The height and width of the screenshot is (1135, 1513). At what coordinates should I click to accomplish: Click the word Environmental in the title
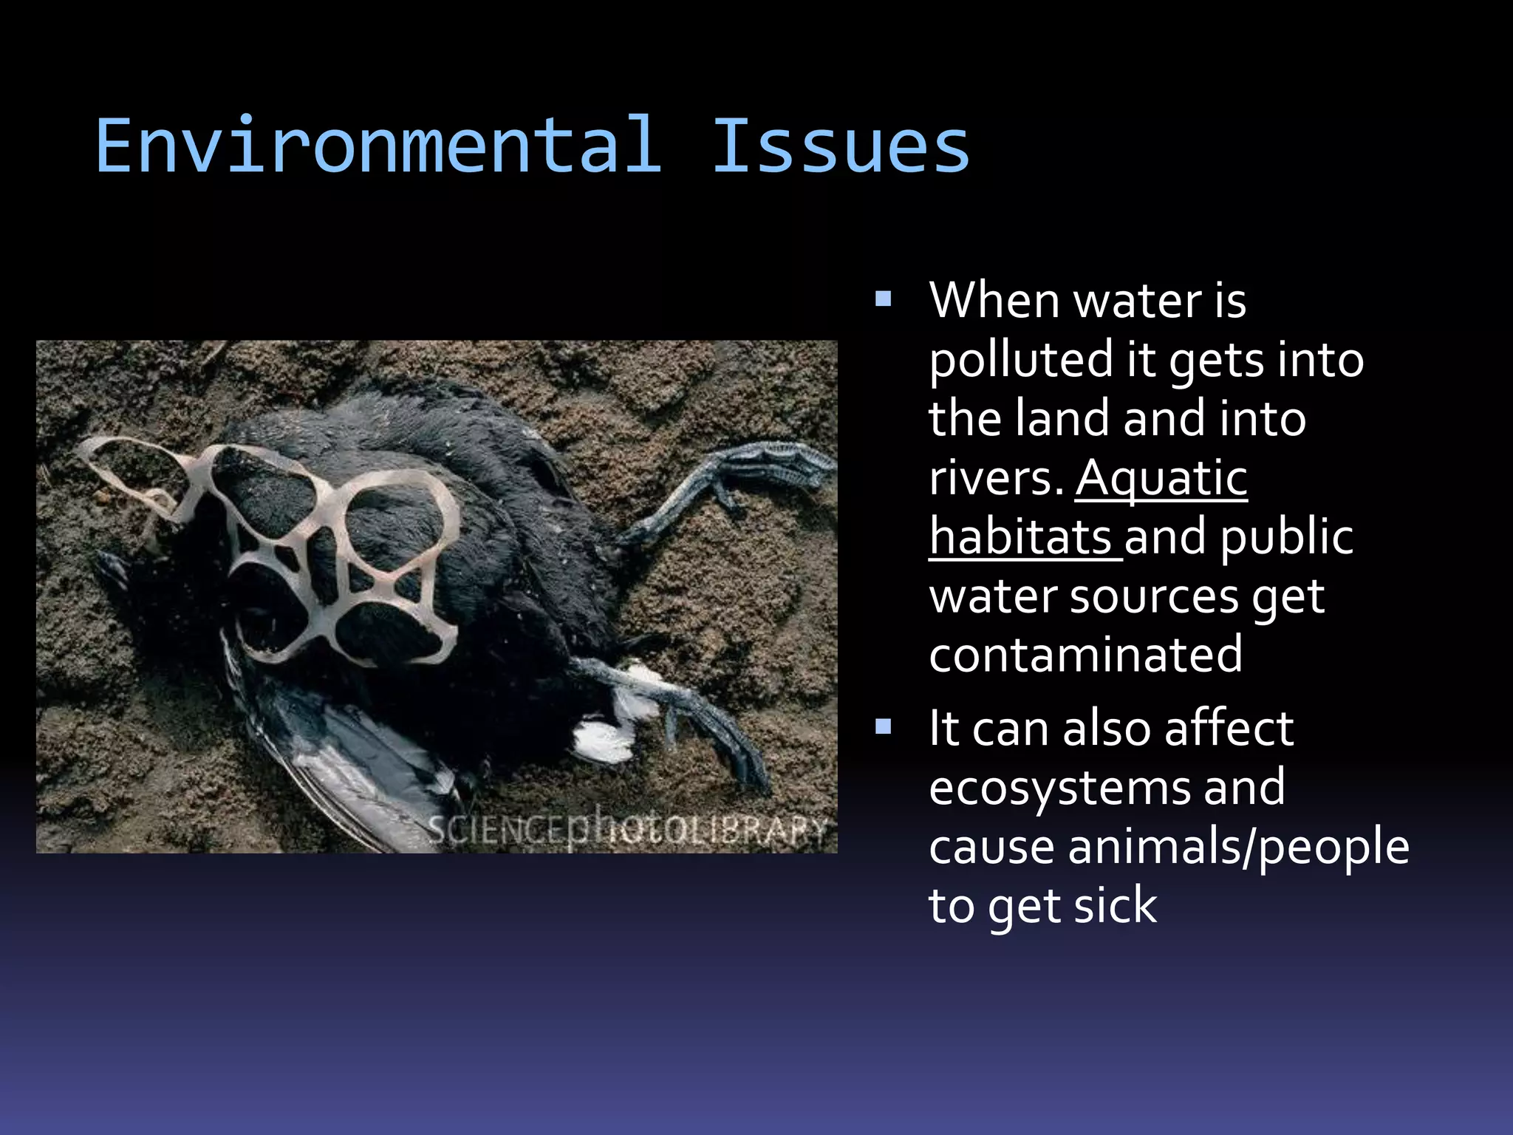(378, 146)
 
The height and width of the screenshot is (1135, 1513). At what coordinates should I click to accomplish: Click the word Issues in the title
(840, 146)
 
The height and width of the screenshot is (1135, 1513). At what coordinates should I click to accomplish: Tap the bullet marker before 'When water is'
(883, 299)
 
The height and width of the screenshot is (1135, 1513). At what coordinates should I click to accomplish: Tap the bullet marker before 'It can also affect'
(883, 727)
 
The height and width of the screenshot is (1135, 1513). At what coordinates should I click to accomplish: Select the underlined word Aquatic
(1161, 479)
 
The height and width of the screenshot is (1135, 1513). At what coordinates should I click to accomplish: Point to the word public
(1287, 536)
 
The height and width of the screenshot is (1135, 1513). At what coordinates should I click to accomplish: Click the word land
(1062, 419)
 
